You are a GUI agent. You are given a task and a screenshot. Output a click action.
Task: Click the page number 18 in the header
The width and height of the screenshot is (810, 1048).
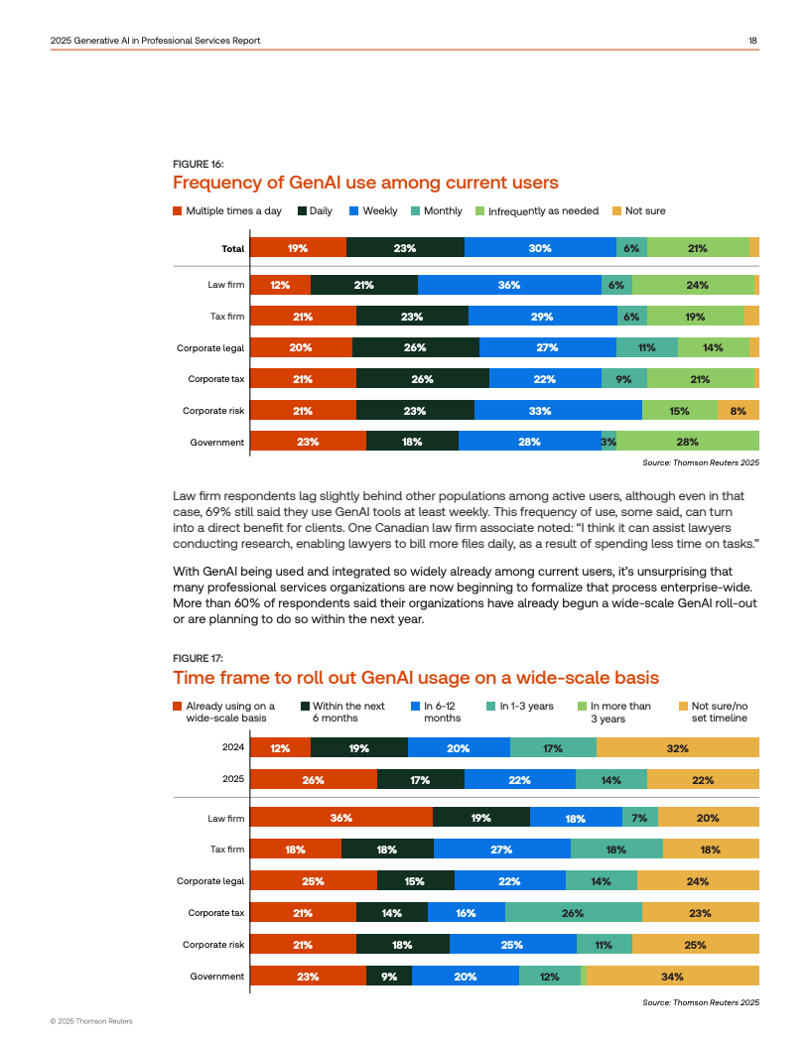click(x=753, y=41)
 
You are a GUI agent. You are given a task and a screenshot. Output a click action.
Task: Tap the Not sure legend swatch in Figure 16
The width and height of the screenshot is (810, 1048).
click(x=616, y=210)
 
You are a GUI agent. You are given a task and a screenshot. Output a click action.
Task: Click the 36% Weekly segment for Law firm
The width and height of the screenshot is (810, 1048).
click(x=509, y=285)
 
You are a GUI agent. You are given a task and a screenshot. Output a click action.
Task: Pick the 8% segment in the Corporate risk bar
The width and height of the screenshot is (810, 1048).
click(x=738, y=411)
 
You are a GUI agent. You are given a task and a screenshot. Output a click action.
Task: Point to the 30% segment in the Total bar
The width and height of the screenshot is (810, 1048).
click(x=540, y=248)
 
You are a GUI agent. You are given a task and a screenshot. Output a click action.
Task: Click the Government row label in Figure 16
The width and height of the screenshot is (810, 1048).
click(x=216, y=442)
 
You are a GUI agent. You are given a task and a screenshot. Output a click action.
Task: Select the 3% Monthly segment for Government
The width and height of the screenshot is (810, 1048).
click(x=608, y=442)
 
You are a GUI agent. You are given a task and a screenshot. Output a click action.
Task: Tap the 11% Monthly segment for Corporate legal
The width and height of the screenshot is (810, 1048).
click(x=647, y=347)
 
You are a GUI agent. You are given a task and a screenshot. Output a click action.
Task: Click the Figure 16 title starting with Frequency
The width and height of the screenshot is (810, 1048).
click(x=365, y=183)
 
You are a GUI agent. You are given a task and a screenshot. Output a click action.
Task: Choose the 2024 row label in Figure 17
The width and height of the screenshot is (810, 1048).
click(x=233, y=747)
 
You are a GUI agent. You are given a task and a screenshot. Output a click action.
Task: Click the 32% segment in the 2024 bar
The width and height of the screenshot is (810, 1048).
click(x=678, y=748)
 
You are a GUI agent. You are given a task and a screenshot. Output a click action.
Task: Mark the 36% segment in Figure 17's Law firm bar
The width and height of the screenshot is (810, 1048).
click(x=340, y=819)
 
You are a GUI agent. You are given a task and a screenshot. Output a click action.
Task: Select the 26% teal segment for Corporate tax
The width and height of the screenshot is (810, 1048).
click(x=573, y=913)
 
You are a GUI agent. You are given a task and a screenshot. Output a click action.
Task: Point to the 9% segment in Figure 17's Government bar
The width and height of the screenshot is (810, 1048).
click(x=389, y=977)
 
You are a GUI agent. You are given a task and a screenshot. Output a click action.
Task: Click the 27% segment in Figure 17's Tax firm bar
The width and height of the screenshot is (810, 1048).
click(x=501, y=850)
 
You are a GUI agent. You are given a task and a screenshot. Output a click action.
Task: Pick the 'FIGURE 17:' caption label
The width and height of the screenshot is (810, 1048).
click(x=198, y=658)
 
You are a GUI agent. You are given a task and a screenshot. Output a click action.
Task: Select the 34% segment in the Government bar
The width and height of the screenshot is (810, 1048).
click(x=672, y=977)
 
